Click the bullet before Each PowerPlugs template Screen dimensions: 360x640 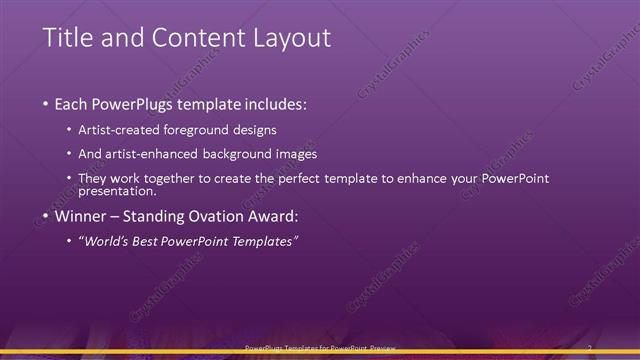pyautogui.click(x=47, y=104)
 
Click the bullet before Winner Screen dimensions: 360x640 pyautogui.click(x=47, y=215)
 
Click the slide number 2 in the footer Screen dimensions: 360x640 pyautogui.click(x=589, y=348)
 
